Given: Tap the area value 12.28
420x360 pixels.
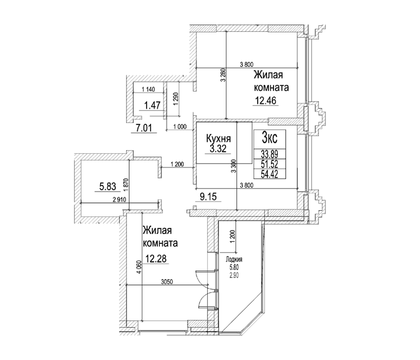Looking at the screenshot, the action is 156,259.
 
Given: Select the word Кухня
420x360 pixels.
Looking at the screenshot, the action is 218,138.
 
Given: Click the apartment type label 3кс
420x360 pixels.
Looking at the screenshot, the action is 269,138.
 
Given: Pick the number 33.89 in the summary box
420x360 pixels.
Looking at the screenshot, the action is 269,154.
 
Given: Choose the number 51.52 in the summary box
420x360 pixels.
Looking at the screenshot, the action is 269,164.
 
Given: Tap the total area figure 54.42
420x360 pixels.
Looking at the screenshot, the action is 269,174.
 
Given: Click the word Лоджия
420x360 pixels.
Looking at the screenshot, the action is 234,260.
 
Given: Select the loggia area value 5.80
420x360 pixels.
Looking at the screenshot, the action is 234,267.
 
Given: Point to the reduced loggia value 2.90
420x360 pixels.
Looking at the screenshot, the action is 234,275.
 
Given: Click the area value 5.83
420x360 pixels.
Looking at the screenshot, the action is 107,186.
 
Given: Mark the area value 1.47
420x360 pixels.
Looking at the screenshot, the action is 152,105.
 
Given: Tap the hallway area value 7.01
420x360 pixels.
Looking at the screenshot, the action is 143,128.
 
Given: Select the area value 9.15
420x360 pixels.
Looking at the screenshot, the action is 208,197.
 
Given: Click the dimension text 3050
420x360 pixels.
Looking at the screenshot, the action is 167,282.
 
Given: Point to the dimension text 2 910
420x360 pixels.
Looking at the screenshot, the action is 119,200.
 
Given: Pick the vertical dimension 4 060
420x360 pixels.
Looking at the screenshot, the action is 139,268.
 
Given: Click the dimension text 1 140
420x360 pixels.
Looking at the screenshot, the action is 148,89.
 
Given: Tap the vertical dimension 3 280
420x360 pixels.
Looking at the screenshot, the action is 224,76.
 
